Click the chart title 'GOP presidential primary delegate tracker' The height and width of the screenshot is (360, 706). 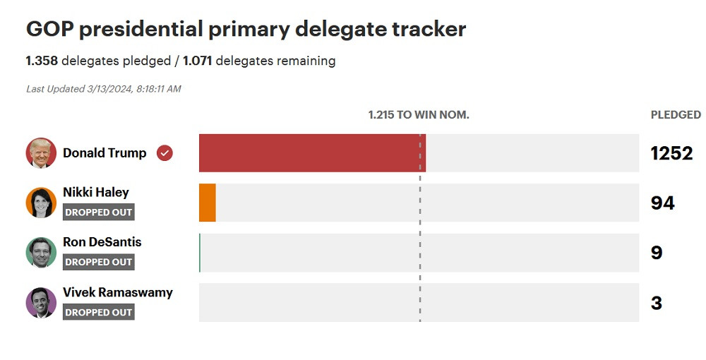[246, 29]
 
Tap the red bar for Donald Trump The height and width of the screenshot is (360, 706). [312, 153]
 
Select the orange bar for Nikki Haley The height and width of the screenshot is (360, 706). [208, 203]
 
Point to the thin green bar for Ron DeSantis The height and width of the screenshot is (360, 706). [200, 253]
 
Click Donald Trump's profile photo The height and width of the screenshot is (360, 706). [41, 153]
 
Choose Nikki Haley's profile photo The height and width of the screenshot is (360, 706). [41, 203]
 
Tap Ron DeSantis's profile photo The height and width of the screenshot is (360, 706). [41, 253]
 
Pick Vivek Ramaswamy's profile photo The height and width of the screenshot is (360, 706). [41, 303]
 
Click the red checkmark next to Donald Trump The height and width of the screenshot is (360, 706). [164, 153]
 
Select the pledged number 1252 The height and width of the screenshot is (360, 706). [671, 153]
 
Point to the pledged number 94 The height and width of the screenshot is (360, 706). [662, 203]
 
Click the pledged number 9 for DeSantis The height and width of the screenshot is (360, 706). [657, 253]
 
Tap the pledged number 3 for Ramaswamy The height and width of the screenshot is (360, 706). [657, 303]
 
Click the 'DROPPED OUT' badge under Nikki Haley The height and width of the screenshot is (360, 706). [98, 212]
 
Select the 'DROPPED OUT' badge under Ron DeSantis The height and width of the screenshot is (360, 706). [98, 262]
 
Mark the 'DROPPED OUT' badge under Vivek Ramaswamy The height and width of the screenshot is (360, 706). [98, 312]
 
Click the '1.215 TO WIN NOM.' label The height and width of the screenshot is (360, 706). [419, 114]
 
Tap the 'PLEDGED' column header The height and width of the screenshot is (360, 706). [676, 114]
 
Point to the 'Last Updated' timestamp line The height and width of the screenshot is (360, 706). [104, 89]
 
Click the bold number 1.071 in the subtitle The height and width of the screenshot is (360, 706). [198, 61]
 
